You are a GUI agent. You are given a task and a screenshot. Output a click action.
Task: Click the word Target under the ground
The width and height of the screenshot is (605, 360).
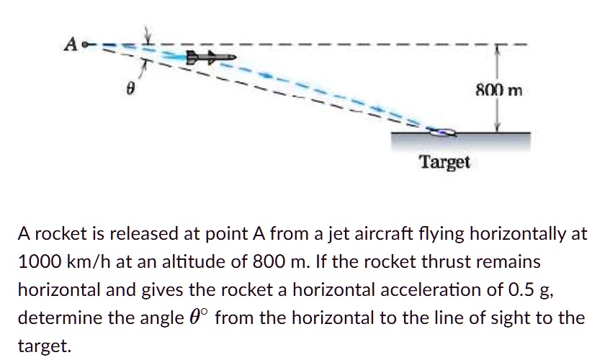pos(444,162)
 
